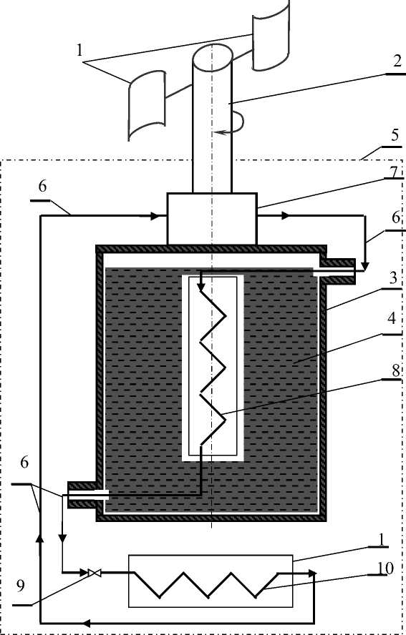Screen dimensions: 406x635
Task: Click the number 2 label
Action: click(397, 61)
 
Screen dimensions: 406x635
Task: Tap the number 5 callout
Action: click(395, 135)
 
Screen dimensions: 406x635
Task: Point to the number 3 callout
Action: click(392, 279)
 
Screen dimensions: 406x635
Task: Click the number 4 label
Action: click(392, 319)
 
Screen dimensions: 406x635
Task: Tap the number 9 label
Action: click(20, 585)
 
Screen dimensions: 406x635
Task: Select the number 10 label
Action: click(385, 568)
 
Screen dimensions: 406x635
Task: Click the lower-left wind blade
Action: click(147, 105)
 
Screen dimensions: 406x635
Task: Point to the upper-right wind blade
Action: click(271, 36)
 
